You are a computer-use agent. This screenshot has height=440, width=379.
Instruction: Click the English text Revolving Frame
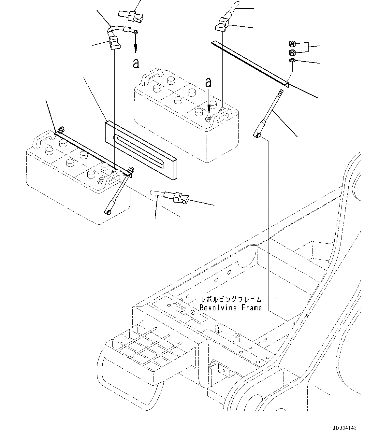tap(231, 307)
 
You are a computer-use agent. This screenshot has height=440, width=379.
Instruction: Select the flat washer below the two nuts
tap(292, 61)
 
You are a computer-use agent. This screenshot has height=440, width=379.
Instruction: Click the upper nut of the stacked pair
tap(292, 43)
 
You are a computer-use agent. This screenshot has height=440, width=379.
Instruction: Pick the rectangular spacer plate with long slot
tap(141, 149)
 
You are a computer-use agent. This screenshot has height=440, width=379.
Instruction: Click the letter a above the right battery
tap(209, 83)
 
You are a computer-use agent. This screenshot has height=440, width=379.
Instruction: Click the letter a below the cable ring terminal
tap(136, 63)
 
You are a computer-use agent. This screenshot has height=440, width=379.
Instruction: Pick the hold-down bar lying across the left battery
tap(95, 152)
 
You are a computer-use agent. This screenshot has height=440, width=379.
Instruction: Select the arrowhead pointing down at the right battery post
tap(209, 111)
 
